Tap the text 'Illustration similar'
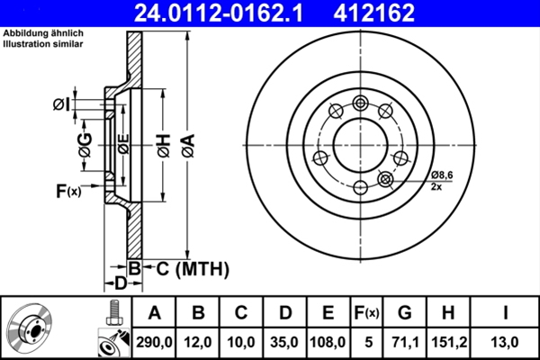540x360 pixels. point(44,43)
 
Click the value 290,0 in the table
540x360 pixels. point(154,341)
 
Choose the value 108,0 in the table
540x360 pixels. point(328,341)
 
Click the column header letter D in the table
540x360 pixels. point(283,312)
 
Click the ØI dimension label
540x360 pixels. point(59,105)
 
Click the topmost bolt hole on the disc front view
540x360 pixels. point(361,101)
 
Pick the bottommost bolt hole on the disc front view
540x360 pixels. point(361,187)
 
